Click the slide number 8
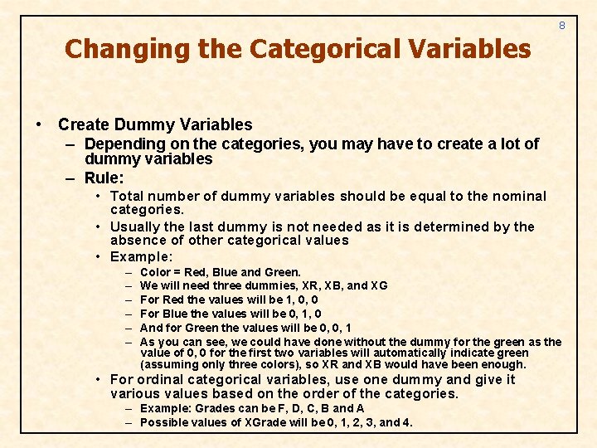561,26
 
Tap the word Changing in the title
127,49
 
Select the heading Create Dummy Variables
155,125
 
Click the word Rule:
104,178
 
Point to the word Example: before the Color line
141,256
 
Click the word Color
155,272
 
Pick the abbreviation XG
378,285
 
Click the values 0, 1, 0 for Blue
303,314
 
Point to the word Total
127,197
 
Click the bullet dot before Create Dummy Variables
41,125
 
